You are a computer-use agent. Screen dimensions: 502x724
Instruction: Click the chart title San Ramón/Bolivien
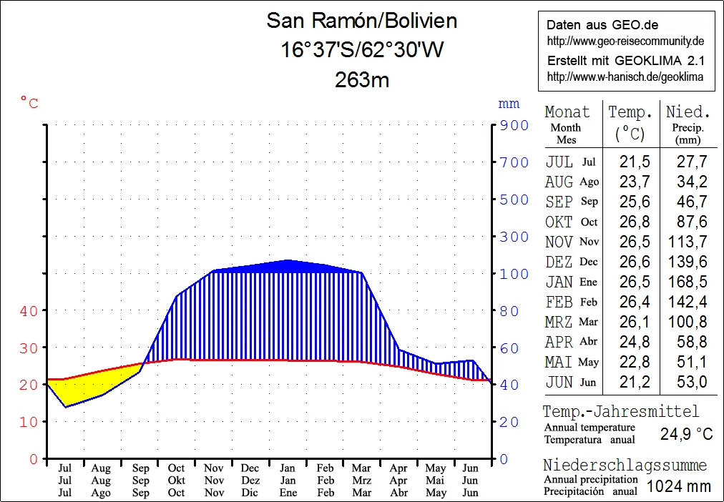[361, 20]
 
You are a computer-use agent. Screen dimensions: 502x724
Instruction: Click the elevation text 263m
[361, 79]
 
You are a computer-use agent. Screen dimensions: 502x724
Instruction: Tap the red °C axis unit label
[29, 104]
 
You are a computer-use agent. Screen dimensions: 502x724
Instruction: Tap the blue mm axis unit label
[509, 104]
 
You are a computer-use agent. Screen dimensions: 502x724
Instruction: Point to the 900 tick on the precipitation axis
[514, 125]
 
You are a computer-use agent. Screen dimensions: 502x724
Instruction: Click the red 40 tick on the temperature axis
[29, 310]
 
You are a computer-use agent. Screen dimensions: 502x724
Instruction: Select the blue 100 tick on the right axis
[514, 274]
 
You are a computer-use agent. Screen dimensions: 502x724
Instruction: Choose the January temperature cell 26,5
[630, 282]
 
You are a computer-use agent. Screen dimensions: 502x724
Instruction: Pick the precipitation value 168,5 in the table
[687, 282]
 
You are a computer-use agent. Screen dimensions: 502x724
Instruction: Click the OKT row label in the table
[559, 222]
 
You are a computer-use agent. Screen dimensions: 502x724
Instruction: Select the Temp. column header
[630, 112]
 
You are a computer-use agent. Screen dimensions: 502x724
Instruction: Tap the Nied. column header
[688, 112]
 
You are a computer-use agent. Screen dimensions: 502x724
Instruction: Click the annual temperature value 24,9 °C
[686, 433]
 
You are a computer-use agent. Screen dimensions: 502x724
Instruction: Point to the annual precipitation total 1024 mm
[678, 486]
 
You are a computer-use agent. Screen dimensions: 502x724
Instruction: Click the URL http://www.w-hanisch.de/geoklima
[625, 77]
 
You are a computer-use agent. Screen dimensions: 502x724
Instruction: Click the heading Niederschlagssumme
[625, 466]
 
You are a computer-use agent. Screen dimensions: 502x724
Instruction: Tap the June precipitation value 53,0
[691, 382]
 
